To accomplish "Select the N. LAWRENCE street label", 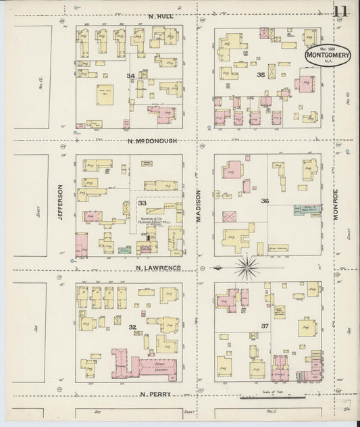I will (157, 268).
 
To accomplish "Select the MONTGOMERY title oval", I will (327, 56).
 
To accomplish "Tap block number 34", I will (130, 75).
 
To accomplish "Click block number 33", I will (142, 203).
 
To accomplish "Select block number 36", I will (265, 201).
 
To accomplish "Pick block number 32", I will (132, 327).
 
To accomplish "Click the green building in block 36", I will (298, 211).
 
